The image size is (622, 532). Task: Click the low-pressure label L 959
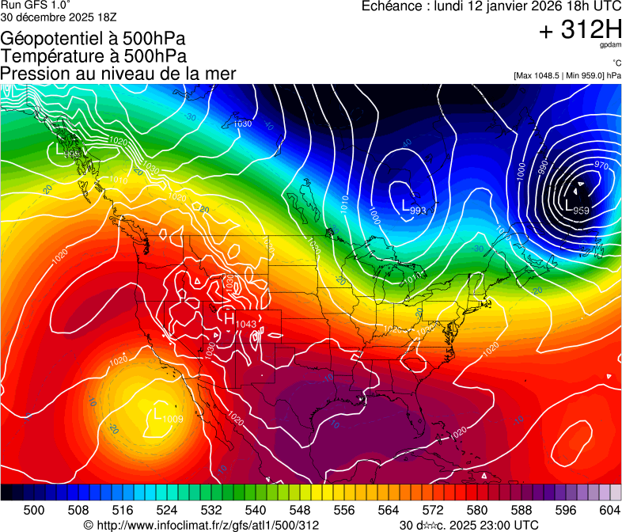(x=577, y=208)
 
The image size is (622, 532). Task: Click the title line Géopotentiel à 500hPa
(x=93, y=39)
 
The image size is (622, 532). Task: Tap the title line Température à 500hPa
(x=94, y=56)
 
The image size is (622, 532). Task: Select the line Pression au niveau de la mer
(x=119, y=74)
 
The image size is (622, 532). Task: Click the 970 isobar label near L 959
(x=601, y=165)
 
